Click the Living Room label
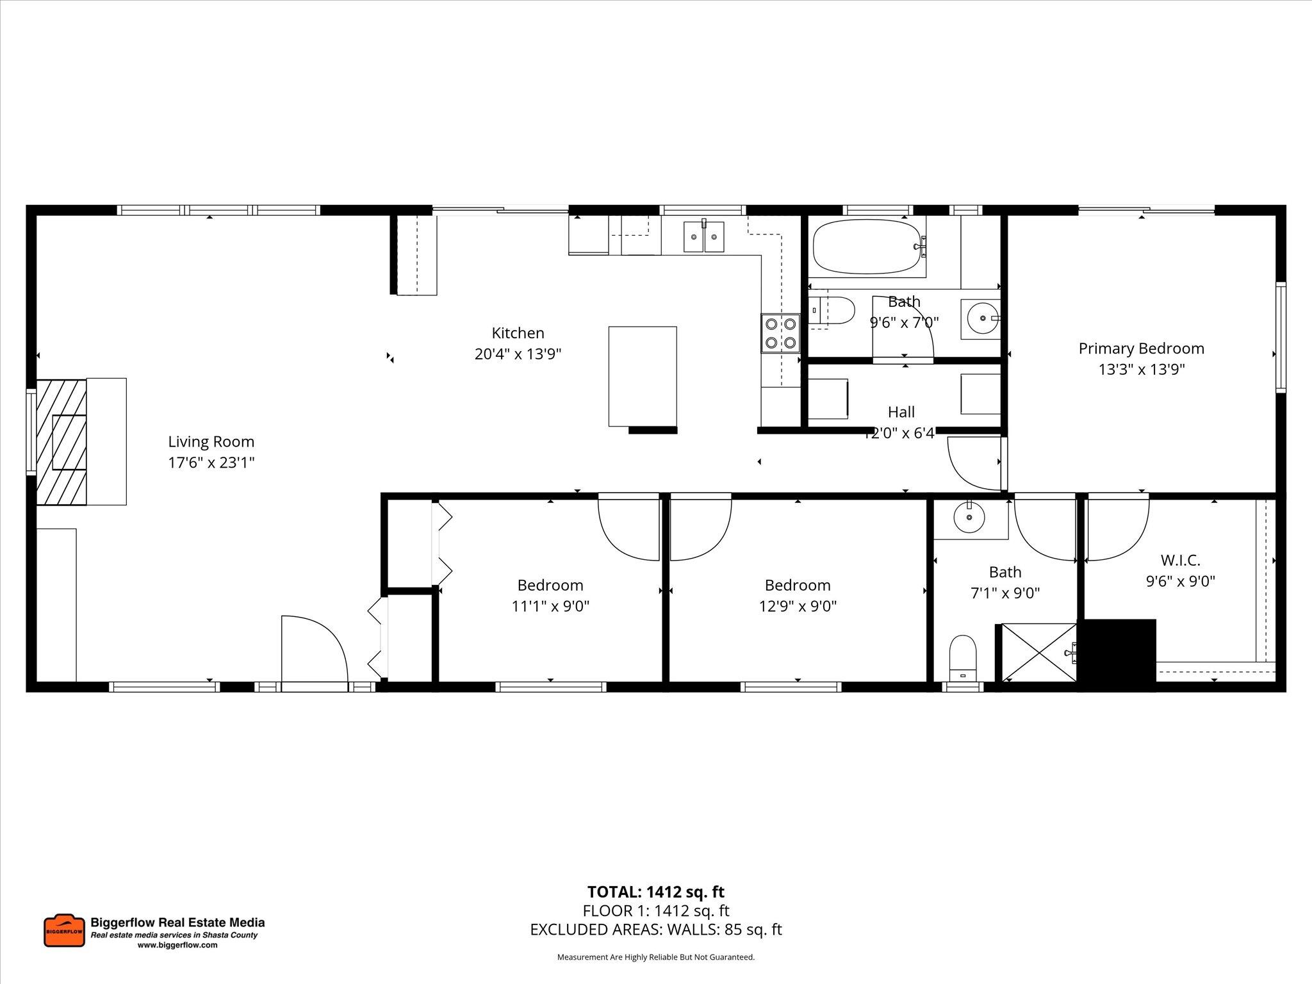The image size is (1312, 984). click(x=211, y=441)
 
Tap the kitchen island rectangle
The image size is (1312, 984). click(x=642, y=376)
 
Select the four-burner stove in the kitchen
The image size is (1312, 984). click(x=780, y=333)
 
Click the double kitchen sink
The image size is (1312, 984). click(x=703, y=237)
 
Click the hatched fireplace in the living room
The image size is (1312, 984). click(x=61, y=442)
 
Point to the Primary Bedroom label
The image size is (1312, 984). click(x=1141, y=348)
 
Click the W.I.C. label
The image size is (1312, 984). click(x=1180, y=561)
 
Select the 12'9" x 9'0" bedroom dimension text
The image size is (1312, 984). click(x=798, y=606)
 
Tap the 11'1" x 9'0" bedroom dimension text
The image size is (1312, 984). click(x=550, y=606)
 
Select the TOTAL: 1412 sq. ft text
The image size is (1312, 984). click(x=655, y=892)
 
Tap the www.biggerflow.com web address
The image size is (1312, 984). click(x=177, y=945)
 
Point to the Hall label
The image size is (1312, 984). click(x=901, y=412)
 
